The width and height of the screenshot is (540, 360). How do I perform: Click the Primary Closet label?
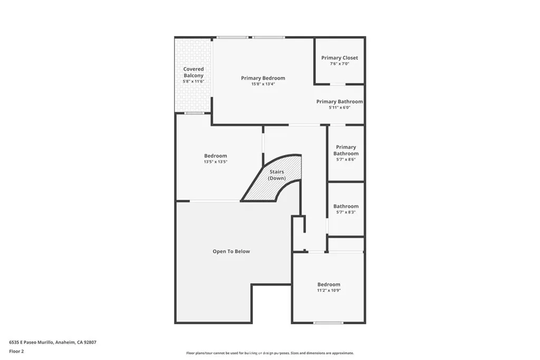pos(340,57)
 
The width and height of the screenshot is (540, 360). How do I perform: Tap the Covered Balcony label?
pos(194,72)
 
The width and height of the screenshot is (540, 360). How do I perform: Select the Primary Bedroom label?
pos(263,78)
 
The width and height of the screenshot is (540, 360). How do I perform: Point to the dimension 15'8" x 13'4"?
pos(263,84)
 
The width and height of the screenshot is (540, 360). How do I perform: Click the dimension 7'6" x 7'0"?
pos(340,64)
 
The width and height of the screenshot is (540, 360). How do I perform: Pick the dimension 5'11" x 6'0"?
pos(340,108)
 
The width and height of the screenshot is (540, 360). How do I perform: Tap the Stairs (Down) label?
pos(277,175)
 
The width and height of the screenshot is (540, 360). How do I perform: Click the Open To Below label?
pos(231,251)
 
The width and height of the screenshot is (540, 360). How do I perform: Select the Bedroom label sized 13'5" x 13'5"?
pos(216,155)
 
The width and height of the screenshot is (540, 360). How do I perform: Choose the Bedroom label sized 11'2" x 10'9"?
pos(329,284)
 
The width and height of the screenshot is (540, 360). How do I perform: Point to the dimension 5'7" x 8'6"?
pos(346,160)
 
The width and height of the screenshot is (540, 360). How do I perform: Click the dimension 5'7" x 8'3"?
pos(346,212)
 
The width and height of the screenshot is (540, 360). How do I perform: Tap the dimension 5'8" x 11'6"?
pos(194,82)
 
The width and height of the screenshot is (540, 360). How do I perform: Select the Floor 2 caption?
pos(16,351)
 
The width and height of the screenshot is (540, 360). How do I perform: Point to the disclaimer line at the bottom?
pos(269,353)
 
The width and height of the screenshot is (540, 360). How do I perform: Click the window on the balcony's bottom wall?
pos(194,113)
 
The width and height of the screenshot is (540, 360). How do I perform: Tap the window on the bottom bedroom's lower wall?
pos(328,323)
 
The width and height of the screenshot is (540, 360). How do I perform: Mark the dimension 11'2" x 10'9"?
pos(329,290)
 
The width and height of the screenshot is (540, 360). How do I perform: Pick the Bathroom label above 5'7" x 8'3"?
pos(346,206)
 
